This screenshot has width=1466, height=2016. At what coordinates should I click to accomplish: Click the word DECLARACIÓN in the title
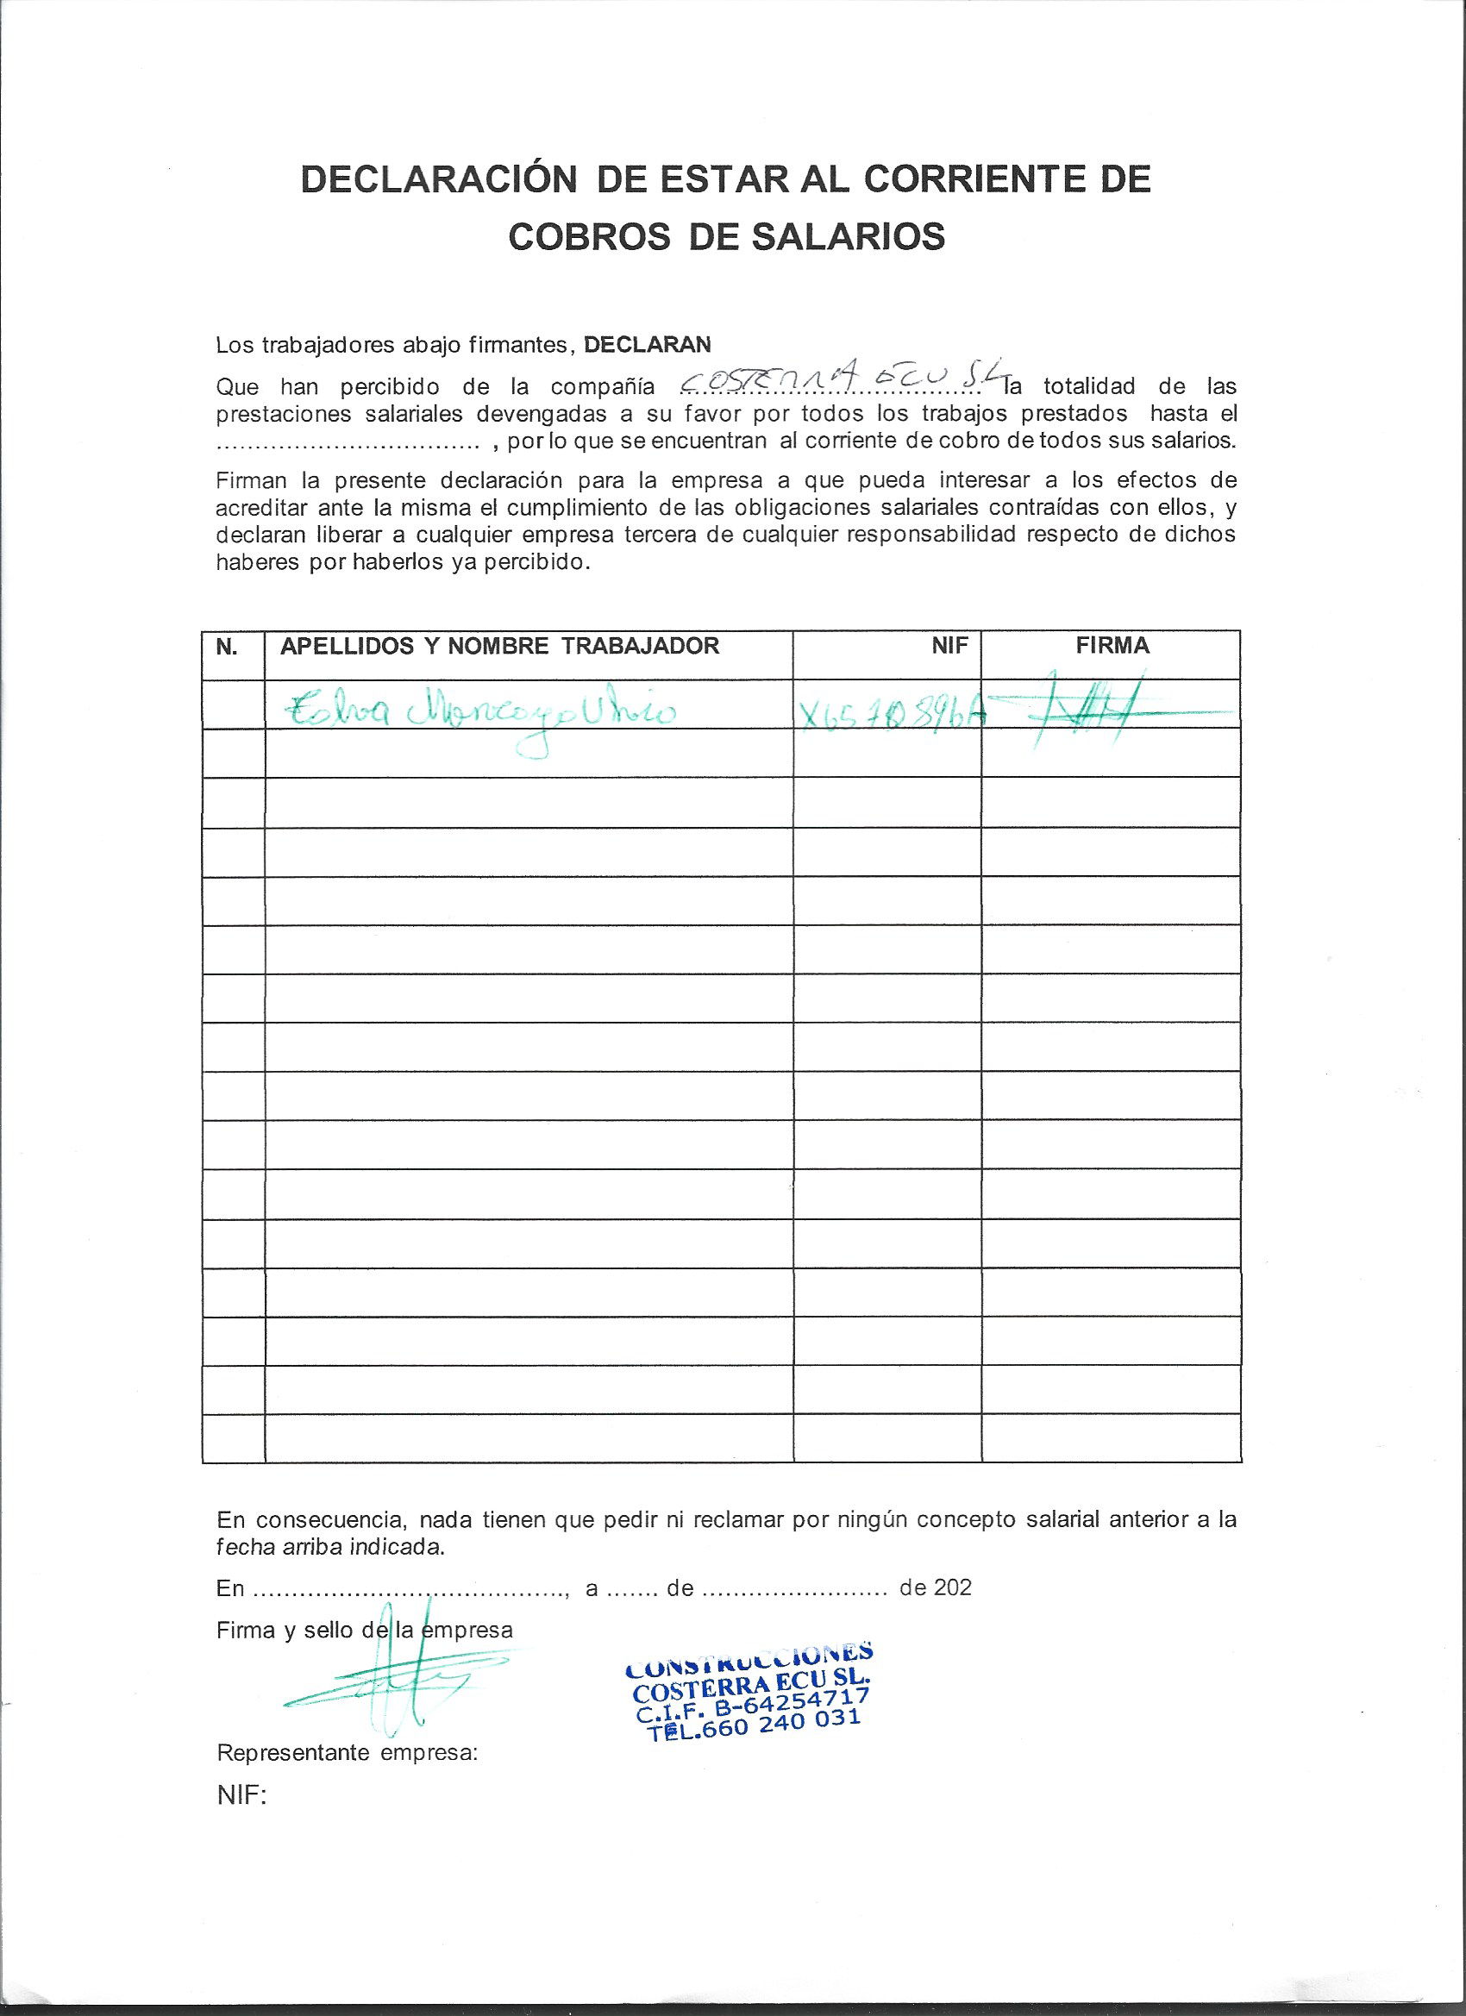(x=439, y=179)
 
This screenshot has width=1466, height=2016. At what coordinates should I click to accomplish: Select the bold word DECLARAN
(x=648, y=345)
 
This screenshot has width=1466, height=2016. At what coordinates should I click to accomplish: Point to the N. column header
(x=227, y=647)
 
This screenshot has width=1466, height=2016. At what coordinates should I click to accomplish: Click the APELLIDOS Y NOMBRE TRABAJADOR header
(x=499, y=646)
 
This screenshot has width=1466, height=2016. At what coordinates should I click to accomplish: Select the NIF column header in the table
(x=949, y=646)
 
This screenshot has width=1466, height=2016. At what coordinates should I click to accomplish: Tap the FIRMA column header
(x=1112, y=646)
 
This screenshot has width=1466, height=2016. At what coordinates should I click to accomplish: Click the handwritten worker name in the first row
(x=480, y=713)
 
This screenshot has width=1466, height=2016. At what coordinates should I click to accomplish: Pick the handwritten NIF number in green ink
(x=892, y=713)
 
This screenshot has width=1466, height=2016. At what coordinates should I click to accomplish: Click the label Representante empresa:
(x=347, y=1754)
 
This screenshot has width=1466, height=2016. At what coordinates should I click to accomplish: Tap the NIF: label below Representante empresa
(x=241, y=1795)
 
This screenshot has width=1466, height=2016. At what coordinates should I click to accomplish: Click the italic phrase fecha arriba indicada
(x=329, y=1548)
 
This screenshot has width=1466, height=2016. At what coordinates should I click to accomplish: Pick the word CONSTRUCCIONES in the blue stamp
(x=749, y=1661)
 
